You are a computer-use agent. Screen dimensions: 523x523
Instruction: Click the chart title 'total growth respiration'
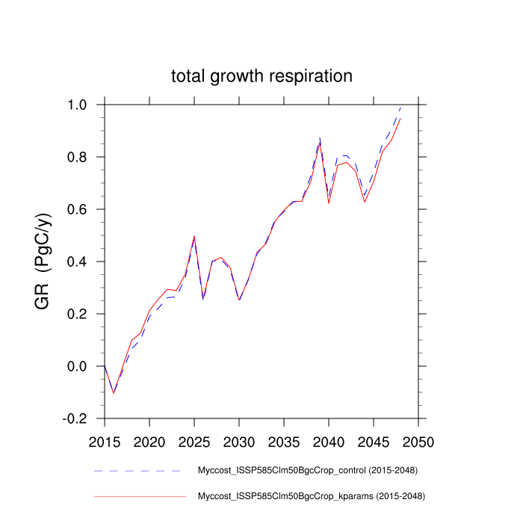[261, 76]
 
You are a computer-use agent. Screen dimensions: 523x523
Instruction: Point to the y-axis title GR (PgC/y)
[42, 261]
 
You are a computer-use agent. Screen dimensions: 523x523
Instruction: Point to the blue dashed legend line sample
[138, 471]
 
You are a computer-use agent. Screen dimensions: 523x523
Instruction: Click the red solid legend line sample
[138, 495]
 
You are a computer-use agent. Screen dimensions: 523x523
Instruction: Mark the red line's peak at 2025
[194, 236]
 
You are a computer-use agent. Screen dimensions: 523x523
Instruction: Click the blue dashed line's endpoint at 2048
[400, 108]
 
